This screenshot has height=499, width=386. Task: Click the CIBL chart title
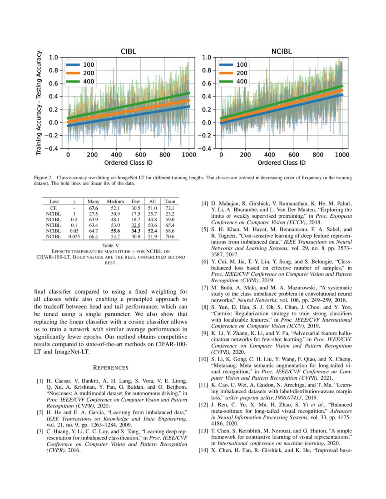click(129, 52)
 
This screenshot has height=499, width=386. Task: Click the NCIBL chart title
click(282, 52)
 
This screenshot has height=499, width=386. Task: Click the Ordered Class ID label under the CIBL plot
click(129, 162)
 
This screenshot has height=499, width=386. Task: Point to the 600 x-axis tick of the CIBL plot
click(140, 154)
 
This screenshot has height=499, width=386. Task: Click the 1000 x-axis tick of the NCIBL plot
click(341, 154)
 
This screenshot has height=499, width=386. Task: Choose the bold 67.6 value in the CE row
click(94, 207)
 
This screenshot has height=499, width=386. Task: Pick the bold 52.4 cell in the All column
click(153, 230)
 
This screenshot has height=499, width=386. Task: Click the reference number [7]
click(205, 288)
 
